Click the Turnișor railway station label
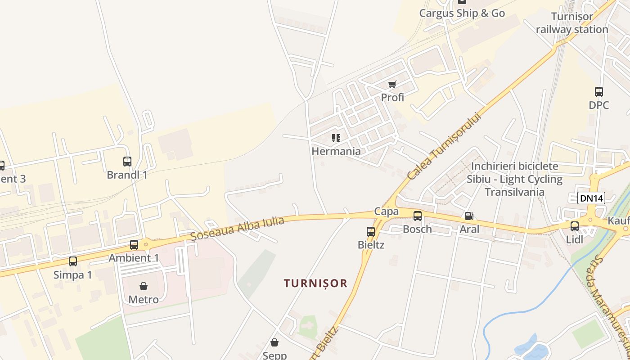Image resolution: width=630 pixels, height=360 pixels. [572, 23]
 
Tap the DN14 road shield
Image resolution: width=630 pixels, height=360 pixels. [591, 198]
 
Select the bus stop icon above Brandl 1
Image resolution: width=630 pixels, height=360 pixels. [127, 162]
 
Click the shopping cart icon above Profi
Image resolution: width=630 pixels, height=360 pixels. [392, 84]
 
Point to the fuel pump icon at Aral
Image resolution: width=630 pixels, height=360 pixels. [469, 216]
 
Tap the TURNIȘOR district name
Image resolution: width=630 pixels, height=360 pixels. [315, 283]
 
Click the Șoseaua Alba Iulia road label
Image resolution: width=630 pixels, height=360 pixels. [237, 228]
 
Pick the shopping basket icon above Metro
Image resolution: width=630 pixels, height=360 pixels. [144, 286]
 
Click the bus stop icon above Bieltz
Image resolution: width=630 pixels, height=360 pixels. [371, 232]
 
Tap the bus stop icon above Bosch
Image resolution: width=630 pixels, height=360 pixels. [418, 216]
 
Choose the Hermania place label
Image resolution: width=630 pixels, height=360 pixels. [336, 151]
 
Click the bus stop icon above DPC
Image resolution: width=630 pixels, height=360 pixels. [599, 92]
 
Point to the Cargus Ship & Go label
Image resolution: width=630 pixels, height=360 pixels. [462, 13]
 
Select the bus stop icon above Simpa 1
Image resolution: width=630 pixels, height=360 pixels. [73, 261]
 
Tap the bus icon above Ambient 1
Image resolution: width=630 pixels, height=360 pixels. [134, 245]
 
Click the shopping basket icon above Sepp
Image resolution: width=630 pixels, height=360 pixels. [274, 343]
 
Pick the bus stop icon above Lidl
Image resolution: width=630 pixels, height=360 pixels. [575, 226]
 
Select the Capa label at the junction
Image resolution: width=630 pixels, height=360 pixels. [386, 211]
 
